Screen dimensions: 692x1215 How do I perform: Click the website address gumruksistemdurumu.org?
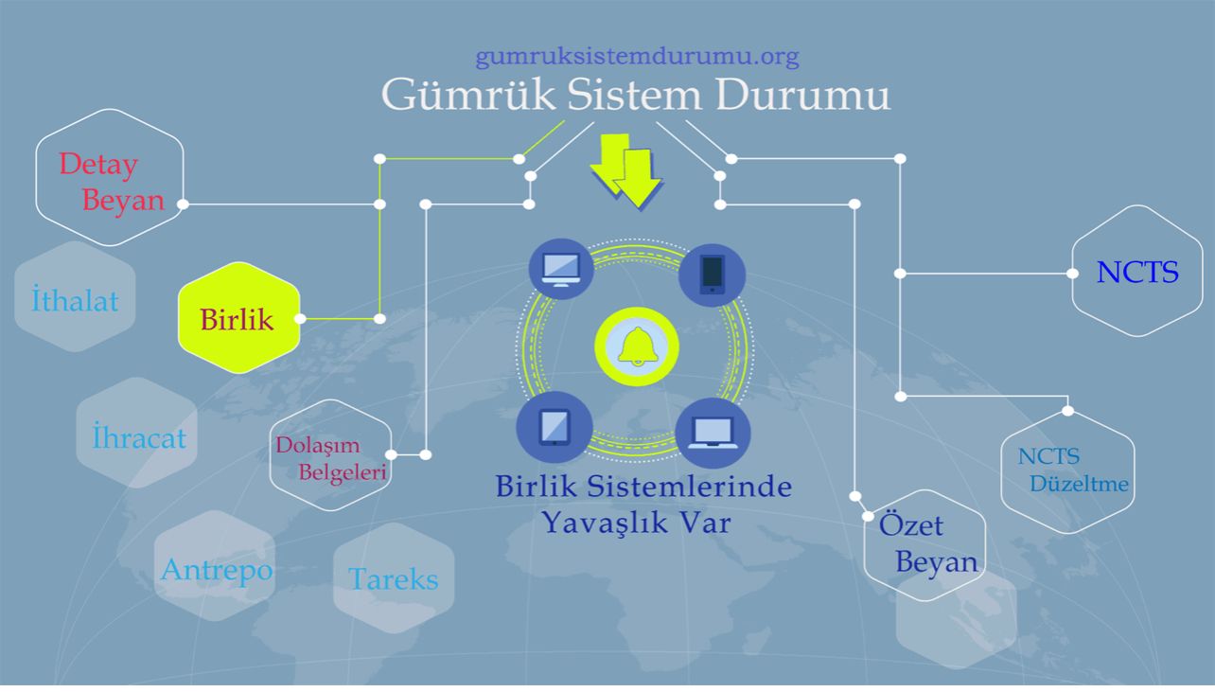pos(637,57)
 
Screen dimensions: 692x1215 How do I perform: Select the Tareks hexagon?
pos(394,577)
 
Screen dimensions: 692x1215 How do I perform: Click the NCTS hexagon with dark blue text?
pos(1136,272)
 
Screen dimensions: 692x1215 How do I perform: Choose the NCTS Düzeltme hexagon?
pos(1067,471)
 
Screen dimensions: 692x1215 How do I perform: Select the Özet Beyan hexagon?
pos(924,544)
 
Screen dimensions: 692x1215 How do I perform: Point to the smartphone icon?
pos(713,275)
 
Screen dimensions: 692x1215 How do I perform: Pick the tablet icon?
pos(554,425)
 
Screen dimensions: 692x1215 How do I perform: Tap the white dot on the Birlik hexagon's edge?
pos(300,319)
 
